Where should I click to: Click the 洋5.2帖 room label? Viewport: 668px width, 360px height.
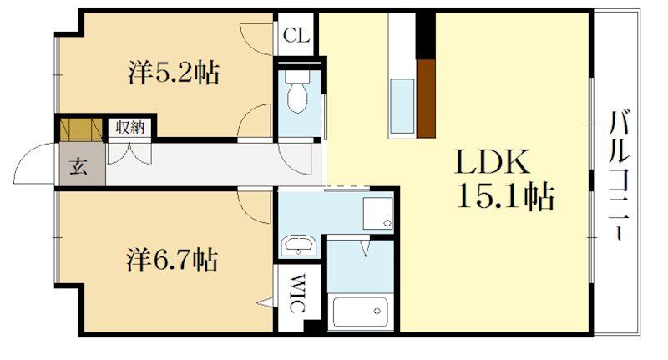[x=174, y=74]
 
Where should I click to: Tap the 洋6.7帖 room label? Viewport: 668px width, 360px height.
[x=174, y=261]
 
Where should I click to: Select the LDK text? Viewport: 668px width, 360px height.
[x=492, y=160]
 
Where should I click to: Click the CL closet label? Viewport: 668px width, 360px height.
[x=296, y=35]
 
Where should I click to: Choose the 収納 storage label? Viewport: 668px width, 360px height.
[x=130, y=128]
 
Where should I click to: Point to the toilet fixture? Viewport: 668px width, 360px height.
[x=296, y=94]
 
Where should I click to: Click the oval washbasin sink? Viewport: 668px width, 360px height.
[x=297, y=247]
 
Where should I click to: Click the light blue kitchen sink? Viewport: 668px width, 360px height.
[x=402, y=107]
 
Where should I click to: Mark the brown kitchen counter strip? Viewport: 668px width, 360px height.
[x=427, y=98]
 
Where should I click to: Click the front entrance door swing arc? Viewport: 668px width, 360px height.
[x=33, y=163]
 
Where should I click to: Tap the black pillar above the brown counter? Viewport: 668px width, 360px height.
[x=427, y=34]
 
